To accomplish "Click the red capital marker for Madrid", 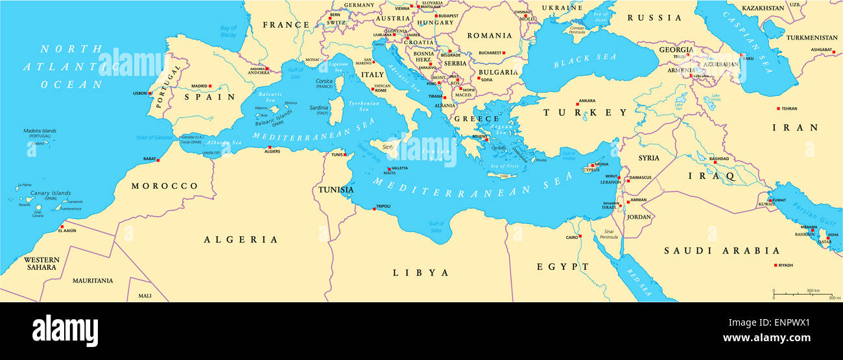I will coord(210,86).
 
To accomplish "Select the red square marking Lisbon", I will coord(150,93).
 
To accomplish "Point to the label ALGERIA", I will coord(241,240).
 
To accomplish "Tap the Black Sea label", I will coord(585,61).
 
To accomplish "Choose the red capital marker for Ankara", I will coord(577,104).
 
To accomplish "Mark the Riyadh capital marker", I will coord(776,265).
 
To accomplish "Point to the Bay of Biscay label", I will coord(228,31).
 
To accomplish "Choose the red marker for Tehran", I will coord(779,108).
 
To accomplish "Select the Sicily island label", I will coord(388,148).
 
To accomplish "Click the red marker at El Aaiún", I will coord(62,227).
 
